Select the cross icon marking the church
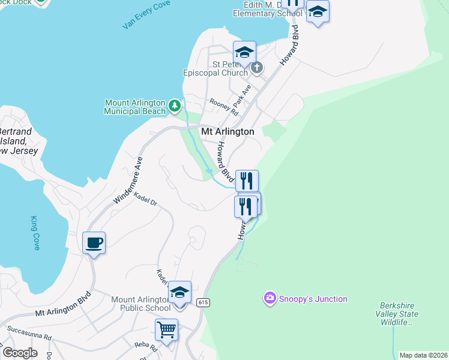(256, 67)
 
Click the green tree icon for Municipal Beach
(175, 106)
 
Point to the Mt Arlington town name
(227, 131)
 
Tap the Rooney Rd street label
(223, 107)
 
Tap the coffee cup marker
(94, 243)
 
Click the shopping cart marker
(166, 329)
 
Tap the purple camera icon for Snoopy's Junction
(270, 298)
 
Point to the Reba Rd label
(145, 347)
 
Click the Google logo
(19, 353)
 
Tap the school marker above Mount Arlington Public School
(179, 292)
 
